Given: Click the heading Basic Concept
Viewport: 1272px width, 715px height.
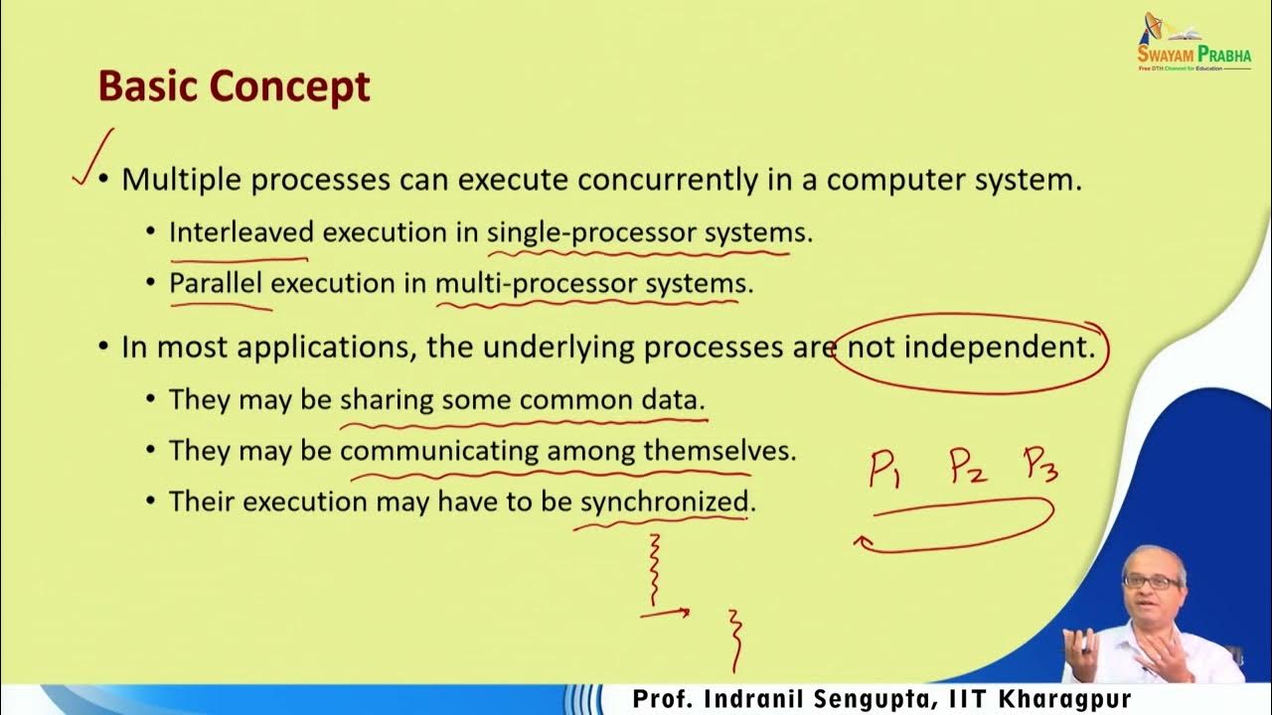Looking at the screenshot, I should coord(234,87).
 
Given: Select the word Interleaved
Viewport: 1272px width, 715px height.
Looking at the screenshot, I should coord(241,232).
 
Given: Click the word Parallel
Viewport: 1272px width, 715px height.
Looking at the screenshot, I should coord(216,283).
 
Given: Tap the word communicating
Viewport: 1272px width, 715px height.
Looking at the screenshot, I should coord(438,451).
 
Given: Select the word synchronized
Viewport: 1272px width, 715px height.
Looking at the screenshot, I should coord(664,501).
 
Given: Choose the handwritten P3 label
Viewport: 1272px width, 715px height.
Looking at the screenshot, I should coord(1039,465).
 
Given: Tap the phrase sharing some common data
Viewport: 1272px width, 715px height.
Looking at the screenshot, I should coord(522,400).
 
